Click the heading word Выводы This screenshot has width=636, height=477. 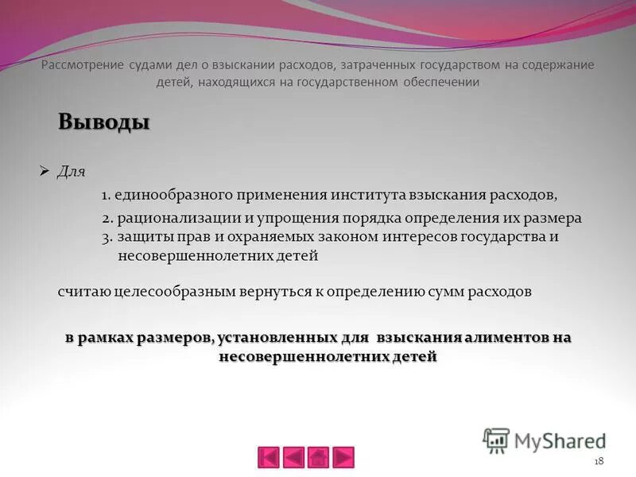click(104, 122)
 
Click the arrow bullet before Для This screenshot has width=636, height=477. click(45, 170)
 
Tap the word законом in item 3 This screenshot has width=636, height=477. click(349, 237)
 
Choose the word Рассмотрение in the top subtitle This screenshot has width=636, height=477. click(83, 64)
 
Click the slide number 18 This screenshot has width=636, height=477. click(599, 462)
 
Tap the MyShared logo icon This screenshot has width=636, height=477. click(496, 440)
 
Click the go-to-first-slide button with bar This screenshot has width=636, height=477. click(269, 457)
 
